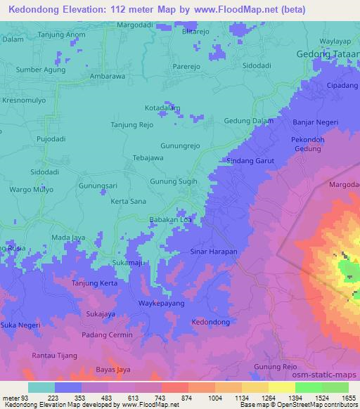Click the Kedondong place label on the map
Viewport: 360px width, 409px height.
[x=210, y=321]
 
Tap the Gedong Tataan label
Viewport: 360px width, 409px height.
[x=325, y=55]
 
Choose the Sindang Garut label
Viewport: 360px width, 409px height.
[x=250, y=161]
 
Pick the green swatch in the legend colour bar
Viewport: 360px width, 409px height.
[x=308, y=387]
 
